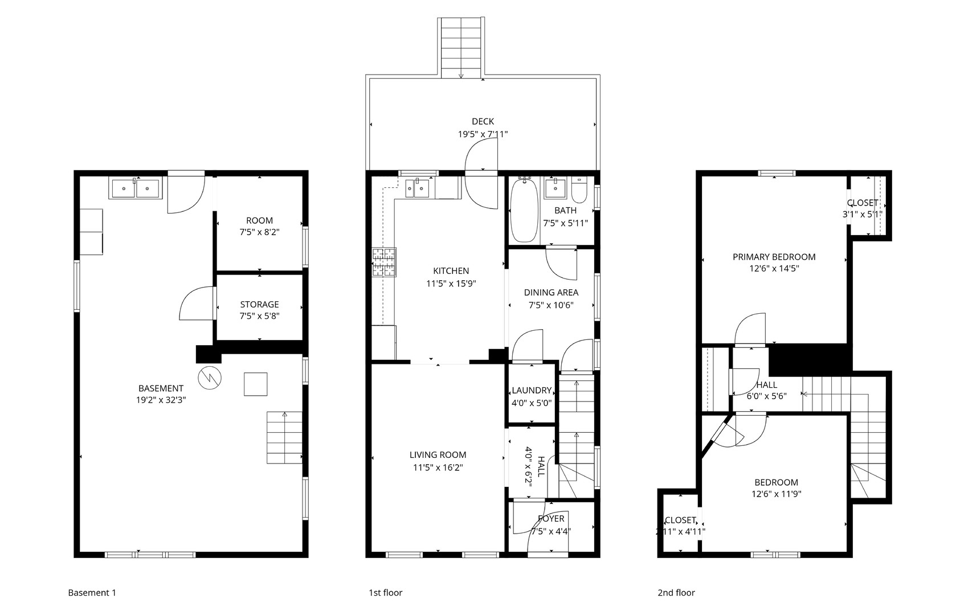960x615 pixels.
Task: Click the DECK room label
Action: (483, 121)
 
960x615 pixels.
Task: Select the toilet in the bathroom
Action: (579, 191)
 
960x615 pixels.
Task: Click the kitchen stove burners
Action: (384, 263)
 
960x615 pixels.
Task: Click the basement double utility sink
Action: (135, 188)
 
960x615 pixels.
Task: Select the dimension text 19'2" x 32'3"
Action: (161, 400)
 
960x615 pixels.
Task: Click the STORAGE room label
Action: (259, 305)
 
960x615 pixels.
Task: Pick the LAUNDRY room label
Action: (532, 391)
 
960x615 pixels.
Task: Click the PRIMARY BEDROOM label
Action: (774, 257)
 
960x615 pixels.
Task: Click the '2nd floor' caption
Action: (676, 593)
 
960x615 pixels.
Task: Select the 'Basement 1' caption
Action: (92, 593)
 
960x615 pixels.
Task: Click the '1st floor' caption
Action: (385, 593)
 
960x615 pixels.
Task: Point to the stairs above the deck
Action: (461, 48)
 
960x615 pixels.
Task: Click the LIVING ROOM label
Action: (438, 455)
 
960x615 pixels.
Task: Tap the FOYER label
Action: (551, 519)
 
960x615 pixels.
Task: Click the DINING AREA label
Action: (551, 293)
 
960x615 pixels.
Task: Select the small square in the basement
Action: (256, 384)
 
